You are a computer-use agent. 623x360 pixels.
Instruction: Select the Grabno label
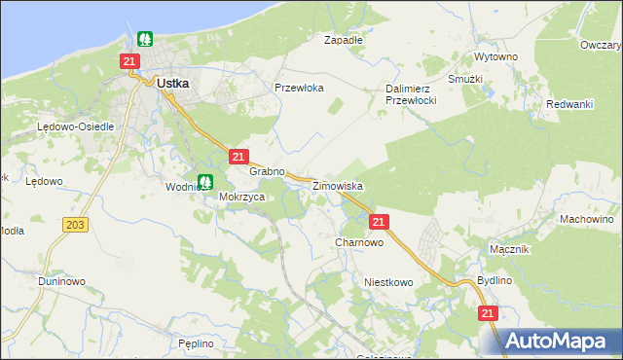click(x=266, y=171)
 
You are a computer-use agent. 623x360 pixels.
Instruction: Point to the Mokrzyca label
click(x=242, y=196)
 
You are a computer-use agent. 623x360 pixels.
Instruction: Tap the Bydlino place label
click(x=495, y=280)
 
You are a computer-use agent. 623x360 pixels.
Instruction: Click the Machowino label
click(x=585, y=219)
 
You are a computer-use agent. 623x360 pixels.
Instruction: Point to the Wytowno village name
click(x=495, y=56)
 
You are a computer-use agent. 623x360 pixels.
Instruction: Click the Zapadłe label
click(x=343, y=41)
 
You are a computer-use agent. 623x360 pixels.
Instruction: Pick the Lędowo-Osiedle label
click(x=76, y=126)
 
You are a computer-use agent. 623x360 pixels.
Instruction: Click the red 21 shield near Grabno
click(x=239, y=156)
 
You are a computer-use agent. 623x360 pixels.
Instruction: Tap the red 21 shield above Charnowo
click(x=380, y=222)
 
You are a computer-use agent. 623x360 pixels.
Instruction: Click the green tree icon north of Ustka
click(x=145, y=40)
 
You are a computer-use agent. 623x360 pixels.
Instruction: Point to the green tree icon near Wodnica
click(x=205, y=181)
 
